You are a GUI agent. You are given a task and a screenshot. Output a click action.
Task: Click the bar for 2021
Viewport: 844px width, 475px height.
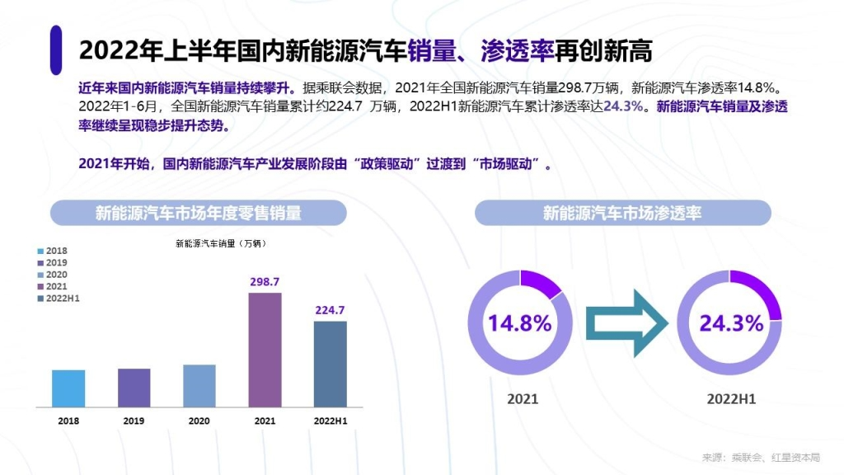265,350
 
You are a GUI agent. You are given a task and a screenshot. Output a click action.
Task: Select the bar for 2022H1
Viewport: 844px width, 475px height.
330,364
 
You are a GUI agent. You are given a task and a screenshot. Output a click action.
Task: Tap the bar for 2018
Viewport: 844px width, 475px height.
68,388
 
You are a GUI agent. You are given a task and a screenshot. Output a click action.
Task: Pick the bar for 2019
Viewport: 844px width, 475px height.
134,387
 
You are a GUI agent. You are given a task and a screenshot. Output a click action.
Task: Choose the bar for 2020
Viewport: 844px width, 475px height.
199,385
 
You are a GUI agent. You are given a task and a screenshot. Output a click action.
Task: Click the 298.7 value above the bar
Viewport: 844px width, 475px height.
265,282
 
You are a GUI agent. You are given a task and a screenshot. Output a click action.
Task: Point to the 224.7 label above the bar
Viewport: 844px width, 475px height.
330,311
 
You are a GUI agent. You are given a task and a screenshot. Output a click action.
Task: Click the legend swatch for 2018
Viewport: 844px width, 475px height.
40,251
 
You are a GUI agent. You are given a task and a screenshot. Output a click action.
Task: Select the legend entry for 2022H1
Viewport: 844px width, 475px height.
62,298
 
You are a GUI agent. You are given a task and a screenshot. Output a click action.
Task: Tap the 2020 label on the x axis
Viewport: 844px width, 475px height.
199,421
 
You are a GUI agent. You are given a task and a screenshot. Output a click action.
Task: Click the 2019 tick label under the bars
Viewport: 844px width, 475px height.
134,421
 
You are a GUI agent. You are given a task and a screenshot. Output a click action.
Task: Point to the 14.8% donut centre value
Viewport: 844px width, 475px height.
519,323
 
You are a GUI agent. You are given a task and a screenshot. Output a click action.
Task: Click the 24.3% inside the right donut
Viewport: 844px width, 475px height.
731,323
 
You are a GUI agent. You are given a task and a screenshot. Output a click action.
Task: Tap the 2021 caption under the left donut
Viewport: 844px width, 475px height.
523,399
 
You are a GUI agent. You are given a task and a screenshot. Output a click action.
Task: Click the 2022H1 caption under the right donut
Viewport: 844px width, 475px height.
731,399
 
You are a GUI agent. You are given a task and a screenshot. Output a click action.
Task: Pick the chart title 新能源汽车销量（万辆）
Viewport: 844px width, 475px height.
221,243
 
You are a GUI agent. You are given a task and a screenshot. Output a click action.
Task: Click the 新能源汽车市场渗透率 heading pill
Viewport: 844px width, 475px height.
622,214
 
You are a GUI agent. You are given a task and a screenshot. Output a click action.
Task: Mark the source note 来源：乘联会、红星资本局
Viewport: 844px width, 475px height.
761,458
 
